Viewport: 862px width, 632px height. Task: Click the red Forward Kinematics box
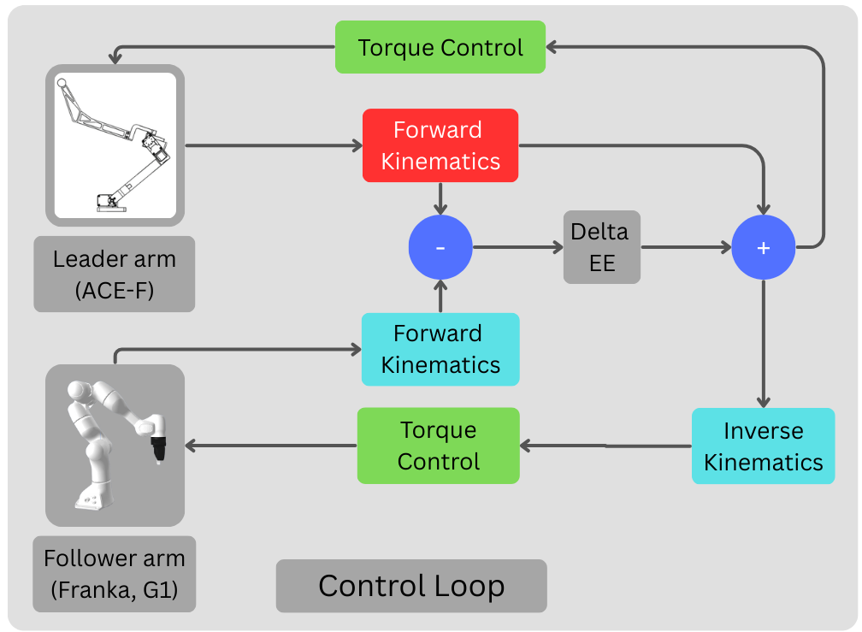tap(440, 145)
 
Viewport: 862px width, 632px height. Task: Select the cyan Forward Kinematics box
tap(440, 349)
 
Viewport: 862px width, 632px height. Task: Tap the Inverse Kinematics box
tap(763, 446)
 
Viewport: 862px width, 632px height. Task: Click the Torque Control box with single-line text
tap(440, 47)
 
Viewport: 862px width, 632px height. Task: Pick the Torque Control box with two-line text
tap(438, 446)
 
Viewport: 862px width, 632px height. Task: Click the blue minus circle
tap(440, 248)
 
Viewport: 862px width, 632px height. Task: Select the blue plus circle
tap(764, 248)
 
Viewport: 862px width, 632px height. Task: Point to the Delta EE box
tap(601, 247)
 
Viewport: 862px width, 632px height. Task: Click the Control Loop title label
tap(411, 586)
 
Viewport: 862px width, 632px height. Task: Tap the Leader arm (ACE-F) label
tap(114, 274)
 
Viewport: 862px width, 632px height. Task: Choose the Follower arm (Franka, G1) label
tap(115, 574)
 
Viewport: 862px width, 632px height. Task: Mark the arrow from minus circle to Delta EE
tap(517, 248)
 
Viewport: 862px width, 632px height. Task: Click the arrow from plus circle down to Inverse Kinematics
tap(764, 342)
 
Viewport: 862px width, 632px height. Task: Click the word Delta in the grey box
tap(599, 232)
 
